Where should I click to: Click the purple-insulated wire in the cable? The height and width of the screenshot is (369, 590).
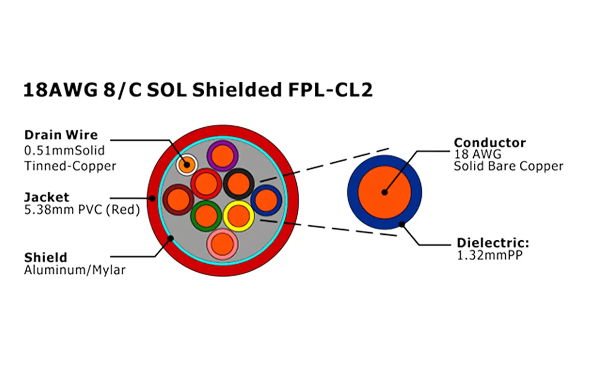point(222,155)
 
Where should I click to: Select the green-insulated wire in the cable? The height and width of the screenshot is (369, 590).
point(206,215)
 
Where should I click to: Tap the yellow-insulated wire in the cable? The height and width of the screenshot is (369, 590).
point(238,215)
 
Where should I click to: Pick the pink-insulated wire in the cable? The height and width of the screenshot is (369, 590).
point(222,243)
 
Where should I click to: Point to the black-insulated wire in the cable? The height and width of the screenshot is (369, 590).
point(238,183)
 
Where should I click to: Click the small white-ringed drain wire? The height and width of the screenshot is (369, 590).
point(186,164)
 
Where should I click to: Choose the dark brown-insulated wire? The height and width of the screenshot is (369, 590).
point(178,200)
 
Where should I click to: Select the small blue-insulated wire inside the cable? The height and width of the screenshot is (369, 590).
point(266,200)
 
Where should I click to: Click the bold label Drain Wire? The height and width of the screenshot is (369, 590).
point(61,135)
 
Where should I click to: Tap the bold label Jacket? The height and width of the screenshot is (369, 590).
point(47,197)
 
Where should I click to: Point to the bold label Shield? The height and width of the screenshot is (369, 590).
point(46,257)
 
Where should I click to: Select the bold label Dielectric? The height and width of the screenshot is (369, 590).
point(493,243)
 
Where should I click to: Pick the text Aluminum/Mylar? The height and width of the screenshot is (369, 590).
point(75,270)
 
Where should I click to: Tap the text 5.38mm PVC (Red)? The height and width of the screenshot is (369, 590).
point(82,210)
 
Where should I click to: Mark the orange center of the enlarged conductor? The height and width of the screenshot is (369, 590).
point(384,192)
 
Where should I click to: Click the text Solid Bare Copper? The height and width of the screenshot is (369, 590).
point(508,166)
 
